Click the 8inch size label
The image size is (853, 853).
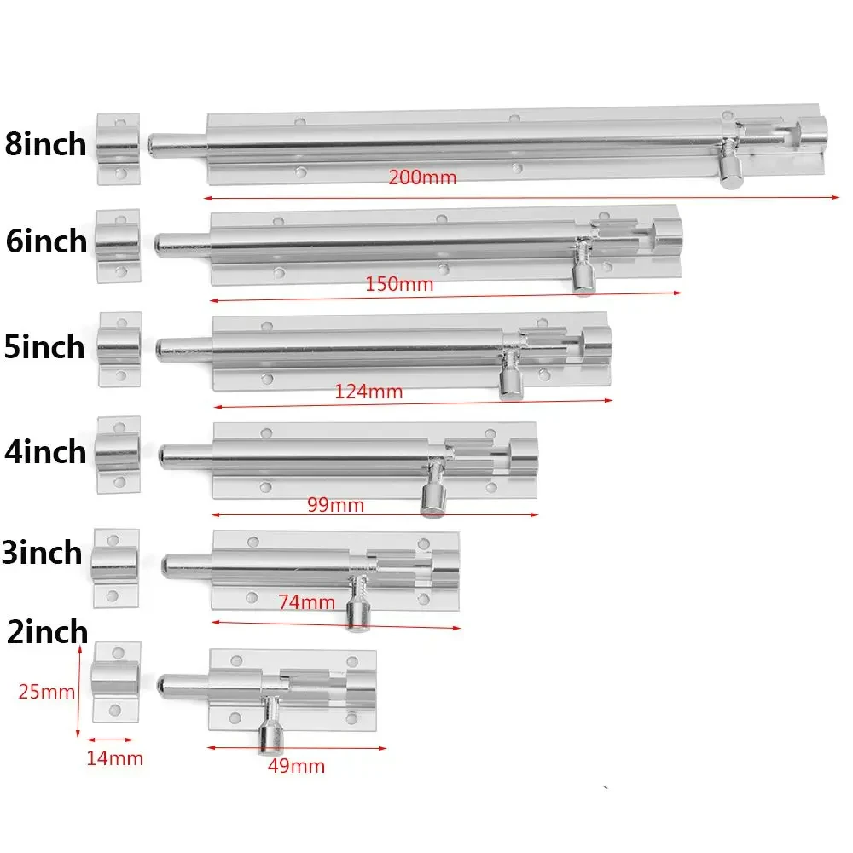(45, 143)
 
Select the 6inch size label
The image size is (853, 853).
(46, 241)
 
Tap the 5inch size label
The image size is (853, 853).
(44, 347)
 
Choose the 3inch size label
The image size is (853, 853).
(43, 553)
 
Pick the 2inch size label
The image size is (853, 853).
(46, 632)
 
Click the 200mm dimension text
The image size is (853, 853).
(422, 178)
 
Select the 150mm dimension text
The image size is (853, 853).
(399, 284)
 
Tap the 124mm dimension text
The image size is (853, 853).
(368, 392)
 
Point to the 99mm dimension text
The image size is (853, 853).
(335, 505)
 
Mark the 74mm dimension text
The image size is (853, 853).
(306, 602)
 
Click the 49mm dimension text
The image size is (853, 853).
(296, 766)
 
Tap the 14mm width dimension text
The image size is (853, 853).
(114, 757)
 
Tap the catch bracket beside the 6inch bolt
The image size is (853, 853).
(117, 247)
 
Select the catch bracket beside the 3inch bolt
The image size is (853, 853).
(115, 567)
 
